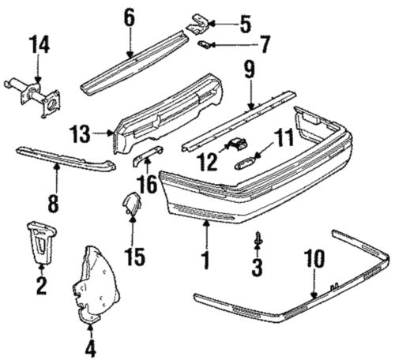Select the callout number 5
click(x=245, y=25)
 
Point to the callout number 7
click(x=265, y=45)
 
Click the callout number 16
click(x=147, y=186)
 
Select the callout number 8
click(x=54, y=204)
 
